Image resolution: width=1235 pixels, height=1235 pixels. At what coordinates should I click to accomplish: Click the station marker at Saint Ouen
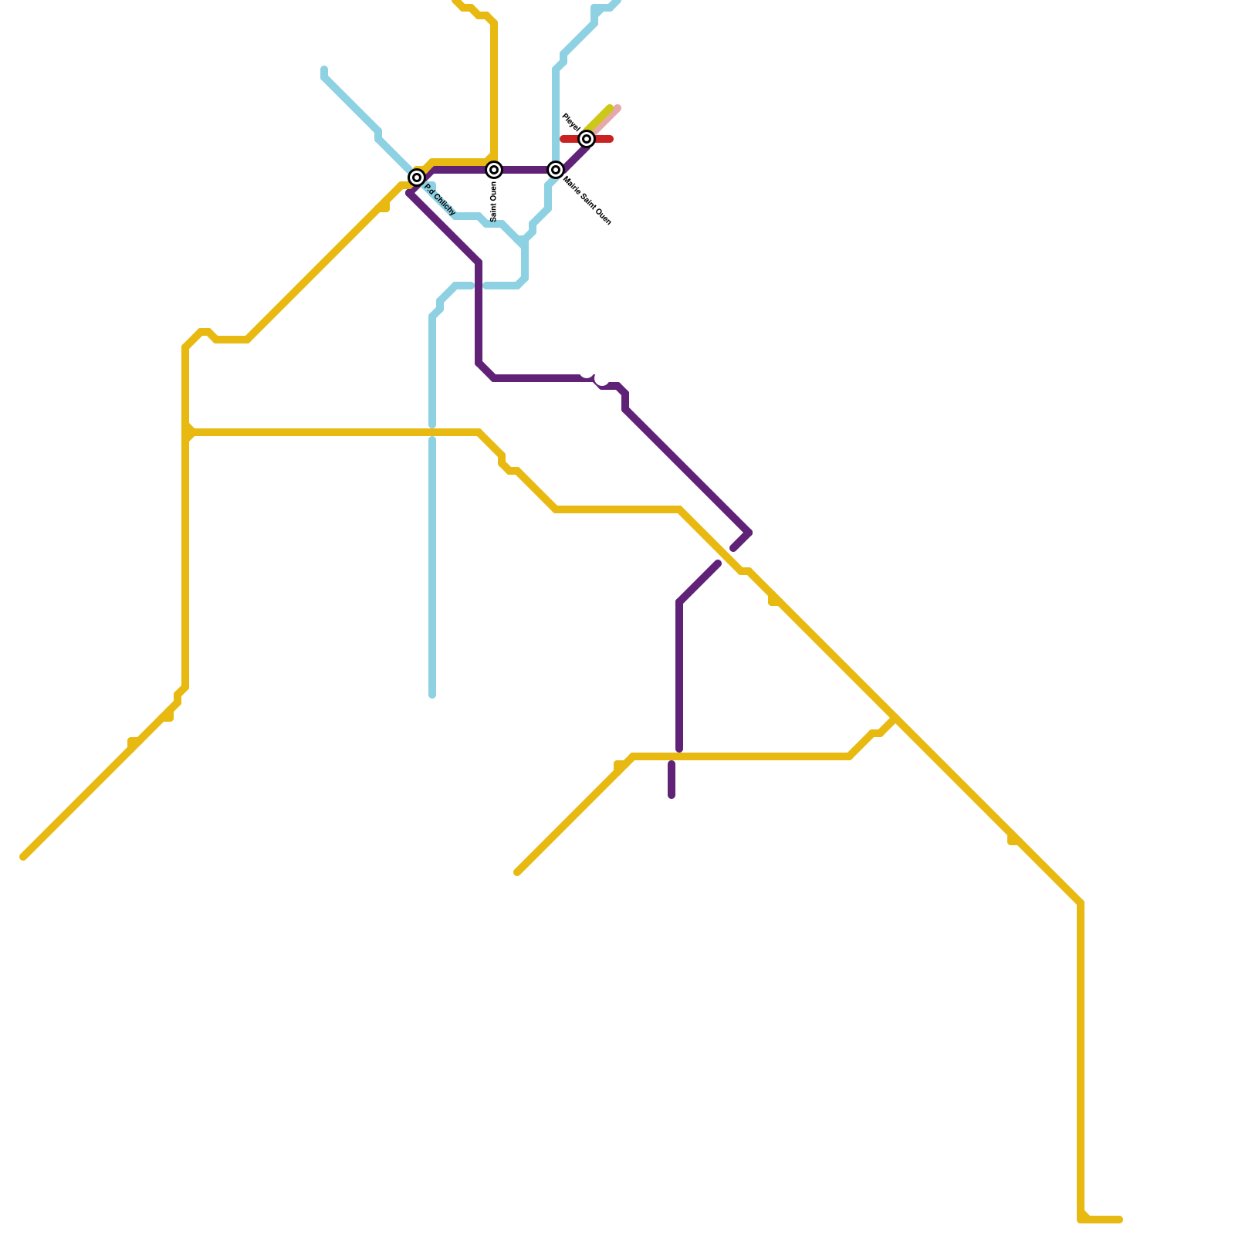494,170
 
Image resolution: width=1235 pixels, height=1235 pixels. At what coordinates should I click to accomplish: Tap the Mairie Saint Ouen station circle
556,170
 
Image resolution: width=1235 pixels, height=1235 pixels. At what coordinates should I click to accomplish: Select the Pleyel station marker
587,139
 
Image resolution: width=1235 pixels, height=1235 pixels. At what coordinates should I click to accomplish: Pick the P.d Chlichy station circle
417,178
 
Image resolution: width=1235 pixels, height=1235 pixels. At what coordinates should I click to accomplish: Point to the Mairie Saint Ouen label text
587,201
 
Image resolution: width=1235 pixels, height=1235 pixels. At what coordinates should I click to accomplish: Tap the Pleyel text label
570,122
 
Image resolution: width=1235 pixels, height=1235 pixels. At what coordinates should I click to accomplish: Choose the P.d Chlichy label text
440,200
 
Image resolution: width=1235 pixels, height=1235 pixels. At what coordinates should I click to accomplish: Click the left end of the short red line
563,139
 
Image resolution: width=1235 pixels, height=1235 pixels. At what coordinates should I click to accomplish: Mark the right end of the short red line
611,139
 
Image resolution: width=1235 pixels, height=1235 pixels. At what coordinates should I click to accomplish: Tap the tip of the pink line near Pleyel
618,108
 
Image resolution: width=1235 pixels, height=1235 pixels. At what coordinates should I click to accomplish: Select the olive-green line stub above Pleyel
602,116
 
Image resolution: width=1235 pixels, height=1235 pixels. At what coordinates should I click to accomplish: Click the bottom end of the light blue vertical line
432,695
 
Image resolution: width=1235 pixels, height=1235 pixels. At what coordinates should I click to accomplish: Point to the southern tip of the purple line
672,795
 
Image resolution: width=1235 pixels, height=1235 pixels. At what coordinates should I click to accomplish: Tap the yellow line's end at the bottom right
1119,1220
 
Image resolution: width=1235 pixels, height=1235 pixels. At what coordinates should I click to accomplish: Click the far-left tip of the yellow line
23,857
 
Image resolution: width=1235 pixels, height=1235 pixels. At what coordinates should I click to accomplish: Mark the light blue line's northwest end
324,69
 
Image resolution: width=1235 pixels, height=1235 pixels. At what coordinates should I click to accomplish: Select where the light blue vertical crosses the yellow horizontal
432,432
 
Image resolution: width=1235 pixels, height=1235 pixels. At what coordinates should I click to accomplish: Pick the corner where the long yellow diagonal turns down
1081,903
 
